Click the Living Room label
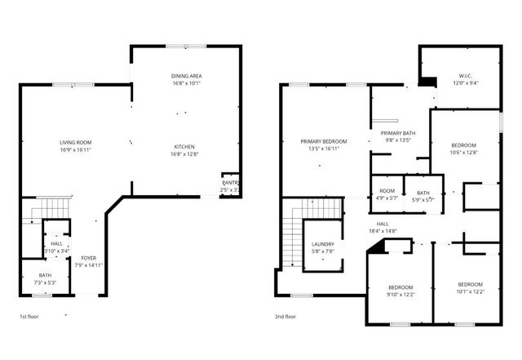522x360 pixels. pyautogui.click(x=74, y=142)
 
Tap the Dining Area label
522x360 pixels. pyautogui.click(x=186, y=75)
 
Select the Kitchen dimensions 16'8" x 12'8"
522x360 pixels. pyautogui.click(x=186, y=153)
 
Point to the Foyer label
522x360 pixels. pyautogui.click(x=88, y=258)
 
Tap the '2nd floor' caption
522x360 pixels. pyautogui.click(x=286, y=315)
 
